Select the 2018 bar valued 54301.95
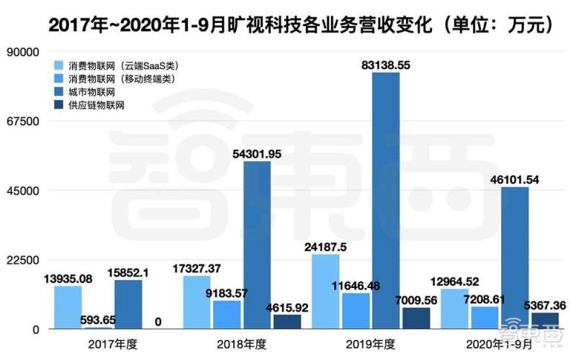pyautogui.click(x=257, y=245)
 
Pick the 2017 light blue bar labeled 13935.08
pyautogui.click(x=68, y=307)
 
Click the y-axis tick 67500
pyautogui.click(x=22, y=122)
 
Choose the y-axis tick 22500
pyautogui.click(x=22, y=260)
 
